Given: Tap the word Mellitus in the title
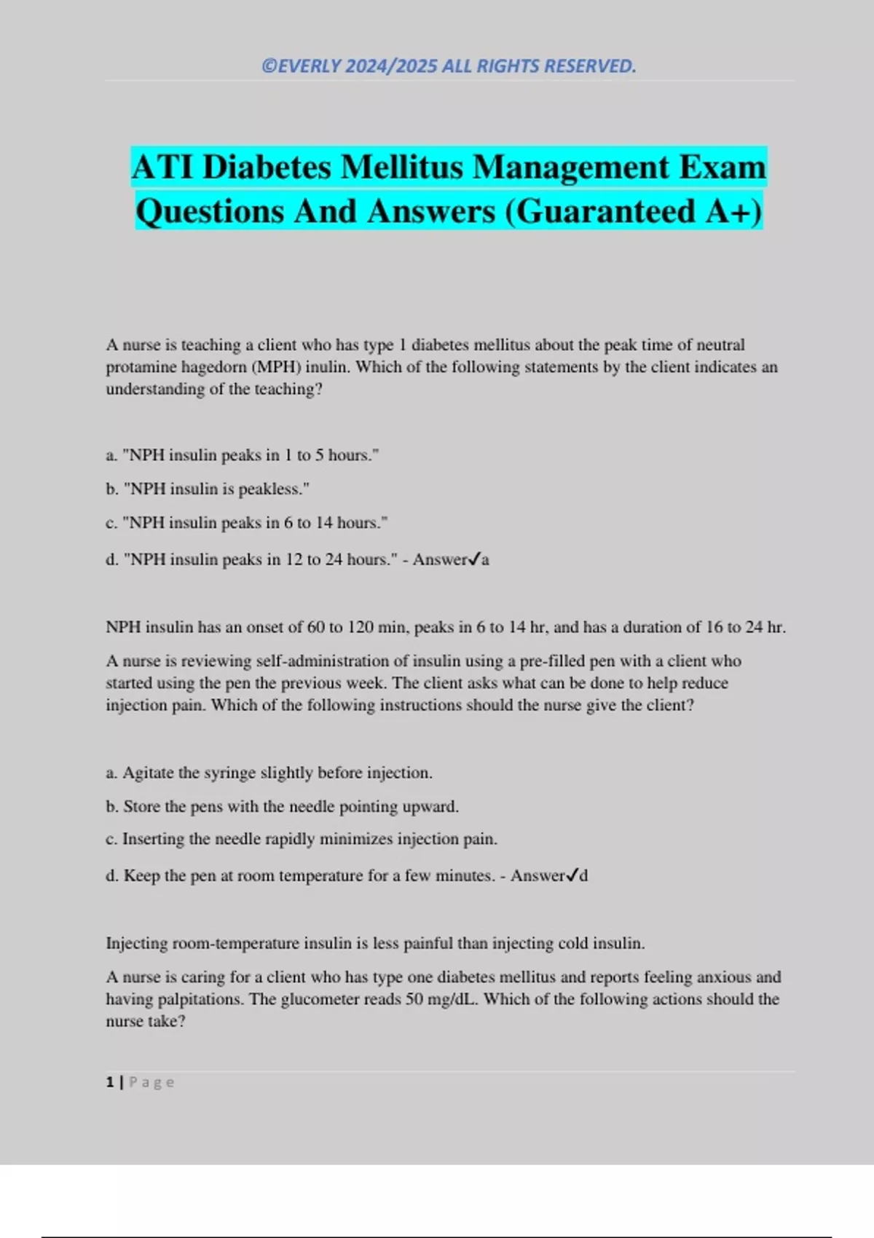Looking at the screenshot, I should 402,167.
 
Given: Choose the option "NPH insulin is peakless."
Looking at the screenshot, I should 216,489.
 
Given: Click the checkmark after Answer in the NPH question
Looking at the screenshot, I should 474,559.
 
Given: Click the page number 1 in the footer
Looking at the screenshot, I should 110,1082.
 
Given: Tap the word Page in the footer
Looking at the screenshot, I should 151,1082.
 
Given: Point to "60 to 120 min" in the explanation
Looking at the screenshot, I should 353,627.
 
